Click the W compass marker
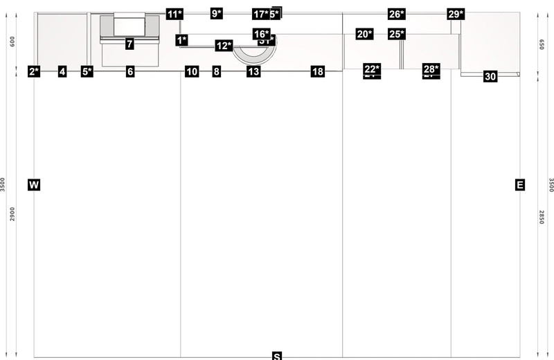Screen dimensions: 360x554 point(34,185)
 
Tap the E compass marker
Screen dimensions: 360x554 point(520,185)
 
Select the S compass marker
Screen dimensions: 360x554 point(277,356)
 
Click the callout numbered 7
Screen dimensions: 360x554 point(129,44)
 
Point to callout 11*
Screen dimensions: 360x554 point(175,13)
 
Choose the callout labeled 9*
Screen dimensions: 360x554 point(217,13)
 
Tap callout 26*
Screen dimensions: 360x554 point(396,14)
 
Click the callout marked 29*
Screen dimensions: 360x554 point(455,14)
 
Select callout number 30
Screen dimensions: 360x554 point(490,76)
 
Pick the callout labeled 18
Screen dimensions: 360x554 point(317,71)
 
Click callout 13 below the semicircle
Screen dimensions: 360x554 point(253,71)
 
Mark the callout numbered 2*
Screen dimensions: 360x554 point(34,71)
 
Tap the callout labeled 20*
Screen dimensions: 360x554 point(364,34)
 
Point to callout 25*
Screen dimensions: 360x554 point(396,34)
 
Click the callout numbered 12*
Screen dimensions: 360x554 point(224,46)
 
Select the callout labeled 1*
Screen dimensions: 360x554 point(181,40)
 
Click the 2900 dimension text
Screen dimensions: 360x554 point(12,214)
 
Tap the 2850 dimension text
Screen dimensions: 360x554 point(542,218)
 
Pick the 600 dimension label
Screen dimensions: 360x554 point(12,41)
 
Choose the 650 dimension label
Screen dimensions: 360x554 point(542,43)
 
